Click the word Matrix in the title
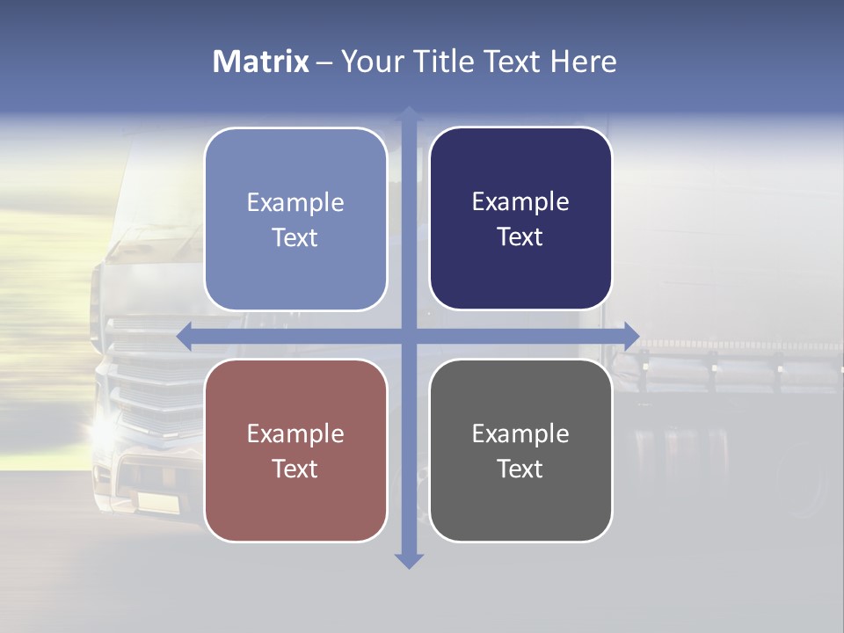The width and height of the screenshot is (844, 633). point(261,62)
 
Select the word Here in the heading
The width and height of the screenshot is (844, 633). point(584,62)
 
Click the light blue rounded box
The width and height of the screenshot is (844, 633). point(295,219)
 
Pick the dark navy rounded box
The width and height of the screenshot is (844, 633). point(520,219)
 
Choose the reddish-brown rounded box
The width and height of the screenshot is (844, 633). point(295,450)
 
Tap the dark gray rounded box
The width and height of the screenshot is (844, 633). point(520,450)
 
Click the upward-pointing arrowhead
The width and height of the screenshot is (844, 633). point(409,114)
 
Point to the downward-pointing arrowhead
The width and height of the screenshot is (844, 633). point(409,560)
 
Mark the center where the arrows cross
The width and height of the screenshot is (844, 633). point(409,337)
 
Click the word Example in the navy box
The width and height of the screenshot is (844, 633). point(520,202)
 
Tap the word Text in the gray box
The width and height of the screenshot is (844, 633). point(520,469)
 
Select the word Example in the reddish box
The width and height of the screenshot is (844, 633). point(295,433)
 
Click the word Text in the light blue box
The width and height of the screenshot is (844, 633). point(295,237)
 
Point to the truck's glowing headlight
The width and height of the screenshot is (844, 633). point(104,430)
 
